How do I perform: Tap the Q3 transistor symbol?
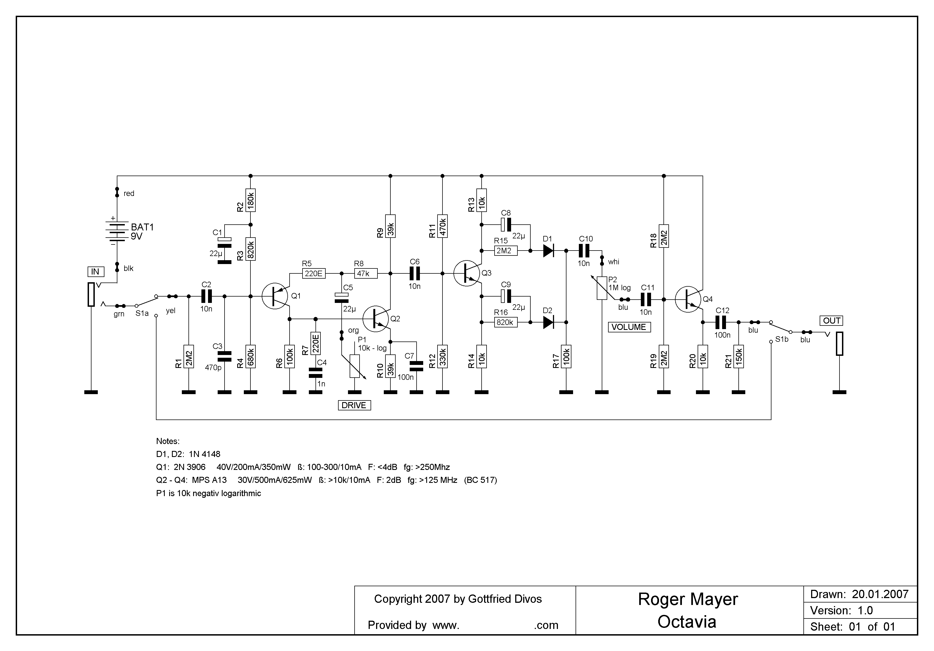(x=467, y=273)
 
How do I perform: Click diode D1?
(x=548, y=251)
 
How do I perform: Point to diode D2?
(x=548, y=322)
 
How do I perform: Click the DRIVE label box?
(x=354, y=405)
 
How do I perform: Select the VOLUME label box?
(x=629, y=327)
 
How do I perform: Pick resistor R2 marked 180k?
(x=251, y=200)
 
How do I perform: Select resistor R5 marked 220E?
(x=314, y=273)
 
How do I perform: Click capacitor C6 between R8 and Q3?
(x=415, y=273)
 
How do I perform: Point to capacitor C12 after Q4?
(x=720, y=322)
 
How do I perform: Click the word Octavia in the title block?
(x=687, y=622)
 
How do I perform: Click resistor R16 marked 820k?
(x=506, y=322)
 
